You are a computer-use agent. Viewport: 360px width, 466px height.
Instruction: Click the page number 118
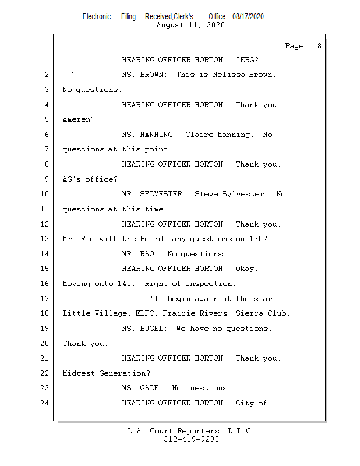[315, 46]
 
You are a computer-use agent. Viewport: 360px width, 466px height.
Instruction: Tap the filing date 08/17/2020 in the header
[248, 17]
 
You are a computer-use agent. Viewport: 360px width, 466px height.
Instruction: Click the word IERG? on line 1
[247, 60]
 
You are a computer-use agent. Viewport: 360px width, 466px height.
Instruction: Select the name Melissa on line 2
[229, 75]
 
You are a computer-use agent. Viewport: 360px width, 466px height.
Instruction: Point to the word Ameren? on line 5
[79, 119]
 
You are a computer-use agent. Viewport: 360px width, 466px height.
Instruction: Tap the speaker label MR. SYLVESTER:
[154, 194]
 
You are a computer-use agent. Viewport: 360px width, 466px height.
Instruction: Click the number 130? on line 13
[258, 239]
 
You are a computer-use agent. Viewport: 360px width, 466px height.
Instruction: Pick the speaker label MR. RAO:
[140, 254]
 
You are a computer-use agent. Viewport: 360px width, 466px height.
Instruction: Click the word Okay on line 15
[245, 269]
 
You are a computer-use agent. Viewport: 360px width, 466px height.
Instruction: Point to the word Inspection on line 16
[209, 284]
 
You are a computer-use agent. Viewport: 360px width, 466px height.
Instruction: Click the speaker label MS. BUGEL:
[145, 329]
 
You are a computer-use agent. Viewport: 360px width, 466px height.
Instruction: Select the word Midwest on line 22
[79, 373]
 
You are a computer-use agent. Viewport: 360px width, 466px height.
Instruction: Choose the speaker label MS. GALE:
[142, 388]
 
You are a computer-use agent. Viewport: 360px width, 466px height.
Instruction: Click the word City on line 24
[245, 403]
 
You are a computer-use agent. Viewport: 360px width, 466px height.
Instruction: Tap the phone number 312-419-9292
[191, 439]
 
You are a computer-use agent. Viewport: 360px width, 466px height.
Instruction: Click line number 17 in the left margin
[44, 298]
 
